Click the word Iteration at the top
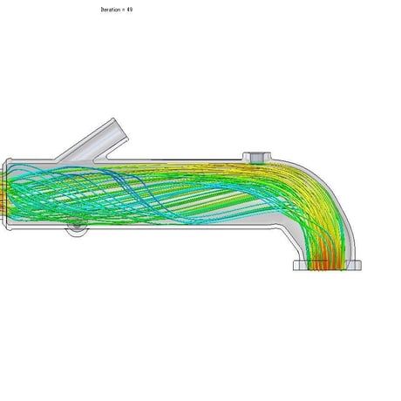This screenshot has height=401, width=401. (110, 10)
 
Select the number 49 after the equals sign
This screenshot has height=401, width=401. (130, 10)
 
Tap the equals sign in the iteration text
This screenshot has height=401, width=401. (123, 10)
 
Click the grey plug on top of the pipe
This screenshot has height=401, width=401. (256, 158)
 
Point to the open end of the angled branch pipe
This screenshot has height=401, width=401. (120, 129)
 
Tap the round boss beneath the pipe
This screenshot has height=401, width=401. (77, 228)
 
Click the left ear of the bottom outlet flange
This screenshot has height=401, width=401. (300, 265)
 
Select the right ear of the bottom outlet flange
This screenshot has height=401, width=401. (354, 265)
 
